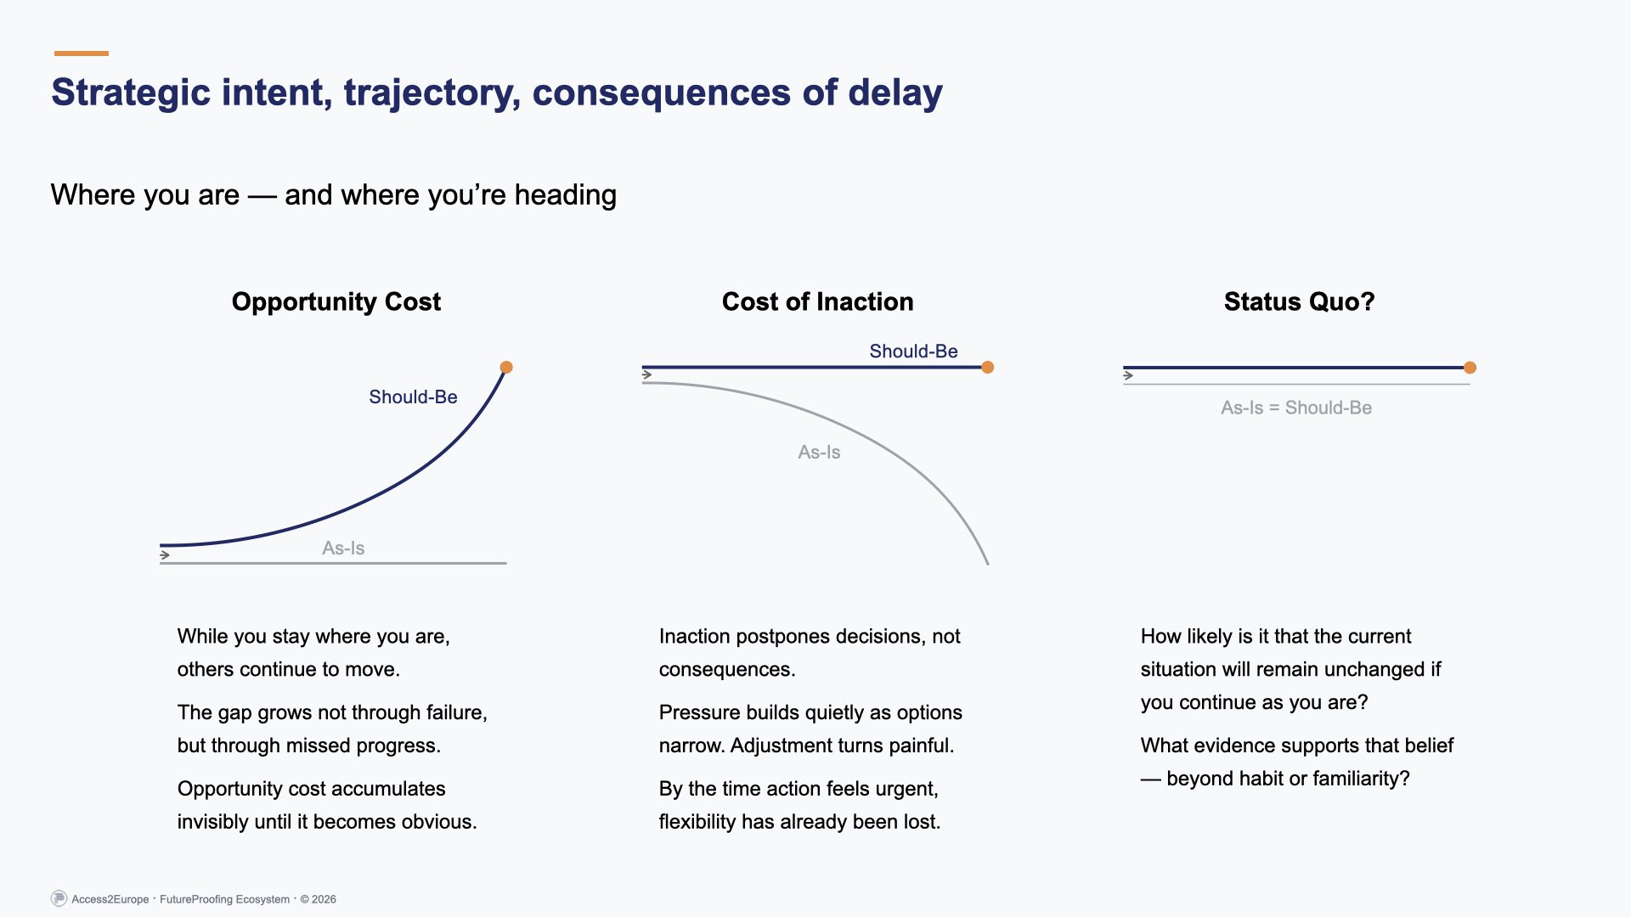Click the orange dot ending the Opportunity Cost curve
tap(506, 368)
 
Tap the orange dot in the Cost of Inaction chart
tap(987, 368)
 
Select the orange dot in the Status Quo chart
tap(1470, 368)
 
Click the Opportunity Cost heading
tap(336, 301)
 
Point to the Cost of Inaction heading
tap(817, 301)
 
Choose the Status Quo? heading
tap(1299, 301)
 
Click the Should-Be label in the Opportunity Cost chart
tap(413, 397)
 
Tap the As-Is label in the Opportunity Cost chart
tap(343, 549)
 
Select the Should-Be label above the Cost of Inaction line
tap(913, 352)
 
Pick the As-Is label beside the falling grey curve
tap(819, 453)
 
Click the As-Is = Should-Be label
tap(1296, 408)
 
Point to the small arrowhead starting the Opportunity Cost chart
tap(165, 555)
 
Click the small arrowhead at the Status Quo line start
tap(1128, 375)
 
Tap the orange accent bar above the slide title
tap(82, 53)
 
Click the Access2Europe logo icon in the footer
tap(59, 898)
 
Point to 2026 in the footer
tap(324, 899)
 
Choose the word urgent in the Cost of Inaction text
tap(905, 789)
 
